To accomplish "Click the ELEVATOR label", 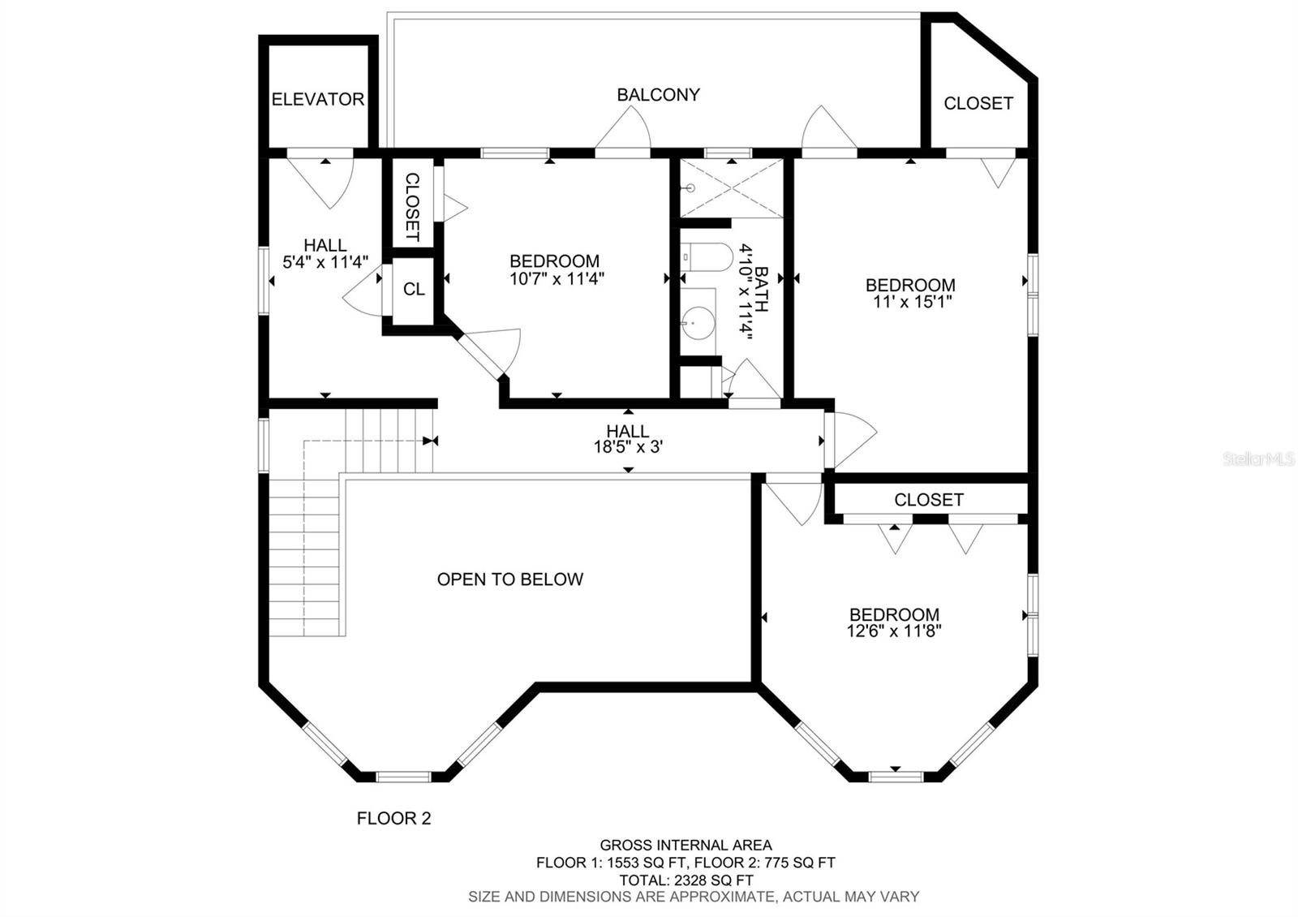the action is [317, 99].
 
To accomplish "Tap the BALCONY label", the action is [658, 94].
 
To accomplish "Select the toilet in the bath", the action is [707, 257].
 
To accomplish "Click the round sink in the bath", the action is [697, 323].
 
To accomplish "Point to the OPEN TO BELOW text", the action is [510, 579].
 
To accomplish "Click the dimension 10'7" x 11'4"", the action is [557, 279].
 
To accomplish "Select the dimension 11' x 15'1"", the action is [913, 302].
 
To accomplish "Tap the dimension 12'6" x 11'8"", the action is [894, 631].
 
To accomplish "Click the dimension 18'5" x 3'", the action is [628, 447].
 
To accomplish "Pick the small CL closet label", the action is [414, 289].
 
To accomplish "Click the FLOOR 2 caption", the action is [394, 819].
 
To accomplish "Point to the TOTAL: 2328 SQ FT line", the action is [686, 880].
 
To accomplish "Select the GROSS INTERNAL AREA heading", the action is [686, 845].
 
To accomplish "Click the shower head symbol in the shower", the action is [689, 188].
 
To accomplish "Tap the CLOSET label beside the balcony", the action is [978, 103].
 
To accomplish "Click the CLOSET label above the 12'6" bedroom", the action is [929, 500].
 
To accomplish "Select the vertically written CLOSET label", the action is [412, 207].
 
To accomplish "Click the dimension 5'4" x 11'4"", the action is [325, 263].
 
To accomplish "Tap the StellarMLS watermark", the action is [1258, 459].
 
